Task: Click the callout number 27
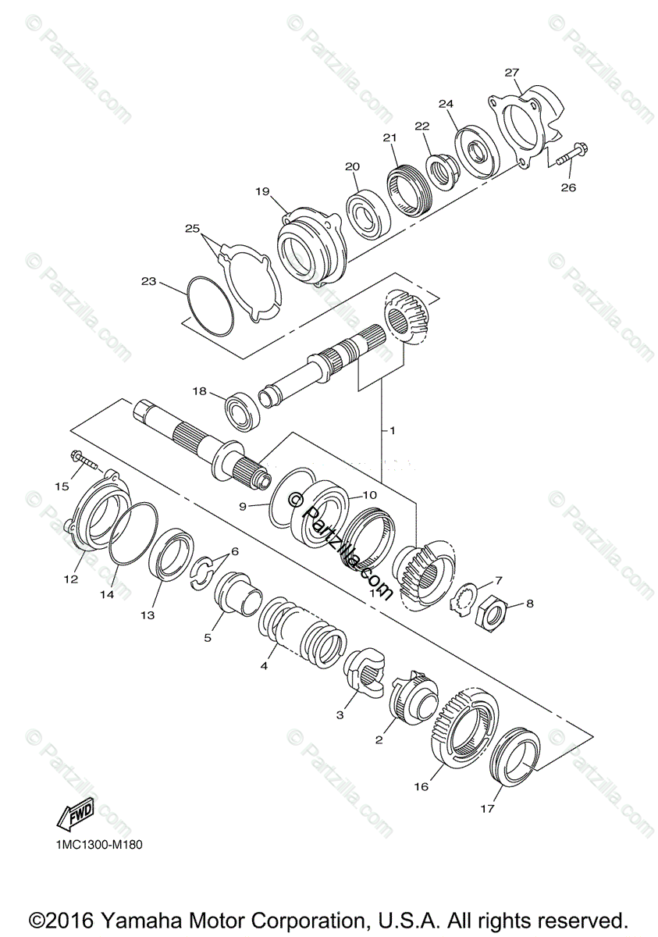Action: (511, 73)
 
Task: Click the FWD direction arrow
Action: (75, 815)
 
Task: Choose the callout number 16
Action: (421, 787)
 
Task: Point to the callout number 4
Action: (265, 666)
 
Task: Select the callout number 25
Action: (192, 228)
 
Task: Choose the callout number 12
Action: (71, 579)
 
